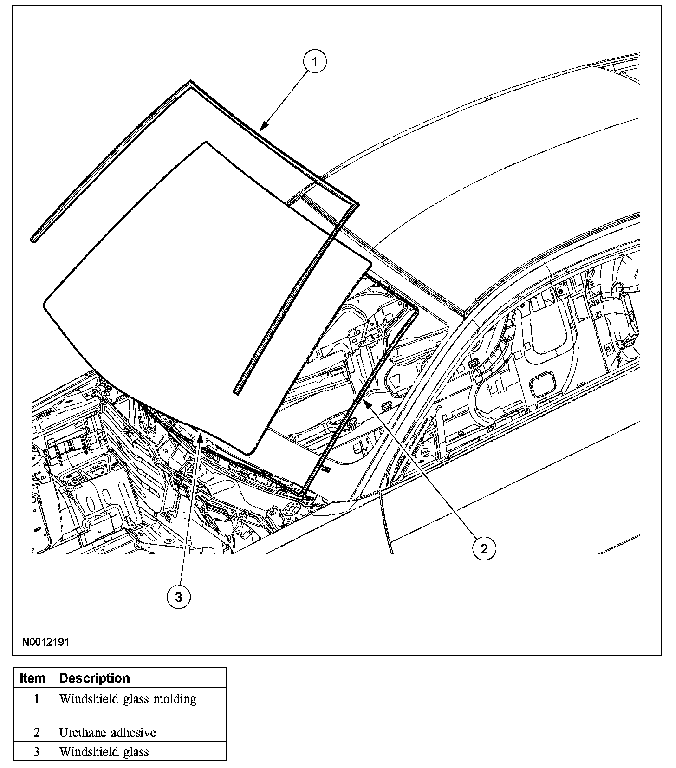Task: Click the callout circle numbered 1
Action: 315,62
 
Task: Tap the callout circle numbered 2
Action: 484,549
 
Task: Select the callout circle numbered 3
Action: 179,598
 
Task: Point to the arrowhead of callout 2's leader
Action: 366,401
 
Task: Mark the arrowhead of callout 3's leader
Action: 200,434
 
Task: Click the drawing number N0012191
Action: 45,643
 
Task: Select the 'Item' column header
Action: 33,678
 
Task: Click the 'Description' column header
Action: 95,678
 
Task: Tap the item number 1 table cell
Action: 36,699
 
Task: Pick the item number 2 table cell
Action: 36,733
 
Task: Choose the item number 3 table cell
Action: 36,752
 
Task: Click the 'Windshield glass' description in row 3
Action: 104,752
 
